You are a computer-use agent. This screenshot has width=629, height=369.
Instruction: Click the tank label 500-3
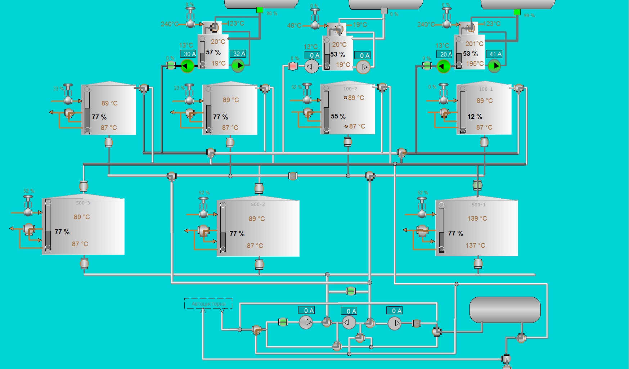pyautogui.click(x=83, y=203)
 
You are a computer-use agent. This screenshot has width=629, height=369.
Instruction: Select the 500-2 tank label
pyautogui.click(x=258, y=204)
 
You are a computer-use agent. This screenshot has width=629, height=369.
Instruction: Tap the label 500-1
pyautogui.click(x=479, y=205)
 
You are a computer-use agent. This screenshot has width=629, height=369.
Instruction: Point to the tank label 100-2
pyautogui.click(x=350, y=89)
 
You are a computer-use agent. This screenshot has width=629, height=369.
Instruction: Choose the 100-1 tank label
pyautogui.click(x=486, y=89)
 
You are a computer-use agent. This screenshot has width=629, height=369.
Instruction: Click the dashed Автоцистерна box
pyautogui.click(x=208, y=303)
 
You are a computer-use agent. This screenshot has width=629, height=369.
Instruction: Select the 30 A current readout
pyautogui.click(x=188, y=54)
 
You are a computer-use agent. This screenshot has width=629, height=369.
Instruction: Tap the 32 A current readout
pyautogui.click(x=238, y=54)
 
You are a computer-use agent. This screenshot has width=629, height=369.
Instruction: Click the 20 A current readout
pyautogui.click(x=444, y=54)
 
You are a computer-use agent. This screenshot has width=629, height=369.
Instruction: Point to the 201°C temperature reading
pyautogui.click(x=474, y=44)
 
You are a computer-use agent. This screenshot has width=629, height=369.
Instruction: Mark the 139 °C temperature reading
pyautogui.click(x=477, y=219)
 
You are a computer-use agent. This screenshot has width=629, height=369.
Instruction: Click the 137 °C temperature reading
pyautogui.click(x=475, y=246)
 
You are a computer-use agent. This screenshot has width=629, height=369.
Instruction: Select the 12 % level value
pyautogui.click(x=475, y=117)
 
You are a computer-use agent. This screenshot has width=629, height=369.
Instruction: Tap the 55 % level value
pyautogui.click(x=338, y=116)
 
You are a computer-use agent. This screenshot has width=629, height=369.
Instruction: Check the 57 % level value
pyautogui.click(x=213, y=53)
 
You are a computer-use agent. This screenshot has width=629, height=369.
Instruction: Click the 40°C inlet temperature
pyautogui.click(x=294, y=26)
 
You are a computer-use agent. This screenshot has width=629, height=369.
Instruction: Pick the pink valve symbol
pyautogui.click(x=293, y=66)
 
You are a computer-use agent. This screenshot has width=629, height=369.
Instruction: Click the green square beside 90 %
pyautogui.click(x=260, y=10)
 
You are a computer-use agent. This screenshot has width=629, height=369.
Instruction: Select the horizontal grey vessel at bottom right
pyautogui.click(x=505, y=310)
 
